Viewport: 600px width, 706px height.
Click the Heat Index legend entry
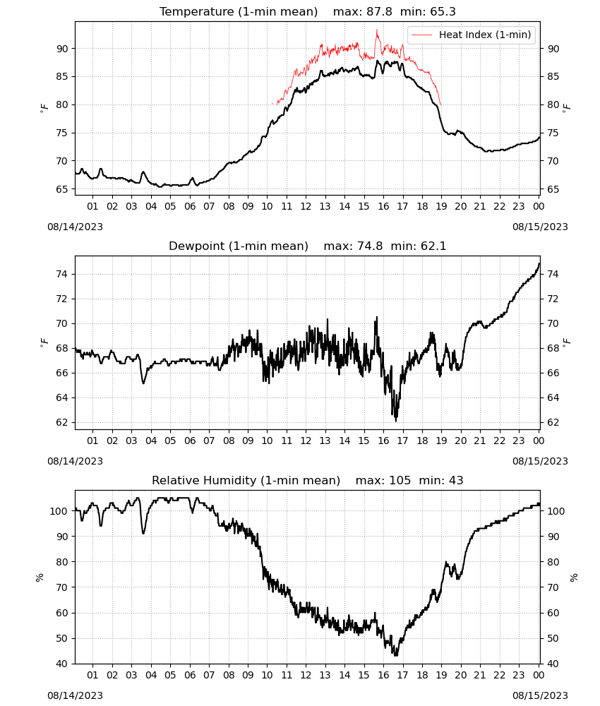pyautogui.click(x=472, y=35)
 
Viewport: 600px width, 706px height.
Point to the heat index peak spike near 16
pyautogui.click(x=377, y=30)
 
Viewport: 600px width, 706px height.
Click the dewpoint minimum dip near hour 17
pyautogui.click(x=396, y=421)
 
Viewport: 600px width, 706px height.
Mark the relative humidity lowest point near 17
pyautogui.click(x=396, y=655)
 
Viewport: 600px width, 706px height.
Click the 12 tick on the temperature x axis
pyautogui.click(x=306, y=206)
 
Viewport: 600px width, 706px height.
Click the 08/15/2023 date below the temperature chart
pyautogui.click(x=540, y=227)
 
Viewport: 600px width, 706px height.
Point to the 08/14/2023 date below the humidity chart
pyautogui.click(x=75, y=695)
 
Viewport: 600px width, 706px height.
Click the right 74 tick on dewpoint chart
pyautogui.click(x=553, y=274)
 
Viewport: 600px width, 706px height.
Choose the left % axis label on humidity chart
pyautogui.click(x=40, y=578)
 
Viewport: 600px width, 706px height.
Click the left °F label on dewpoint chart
pyautogui.click(x=44, y=342)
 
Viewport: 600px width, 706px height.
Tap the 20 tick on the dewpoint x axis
pyautogui.click(x=460, y=441)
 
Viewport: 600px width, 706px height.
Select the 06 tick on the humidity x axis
pyautogui.click(x=190, y=676)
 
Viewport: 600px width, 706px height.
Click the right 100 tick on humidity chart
pyautogui.click(x=556, y=511)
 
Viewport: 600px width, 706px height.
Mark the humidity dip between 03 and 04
pyautogui.click(x=143, y=532)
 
